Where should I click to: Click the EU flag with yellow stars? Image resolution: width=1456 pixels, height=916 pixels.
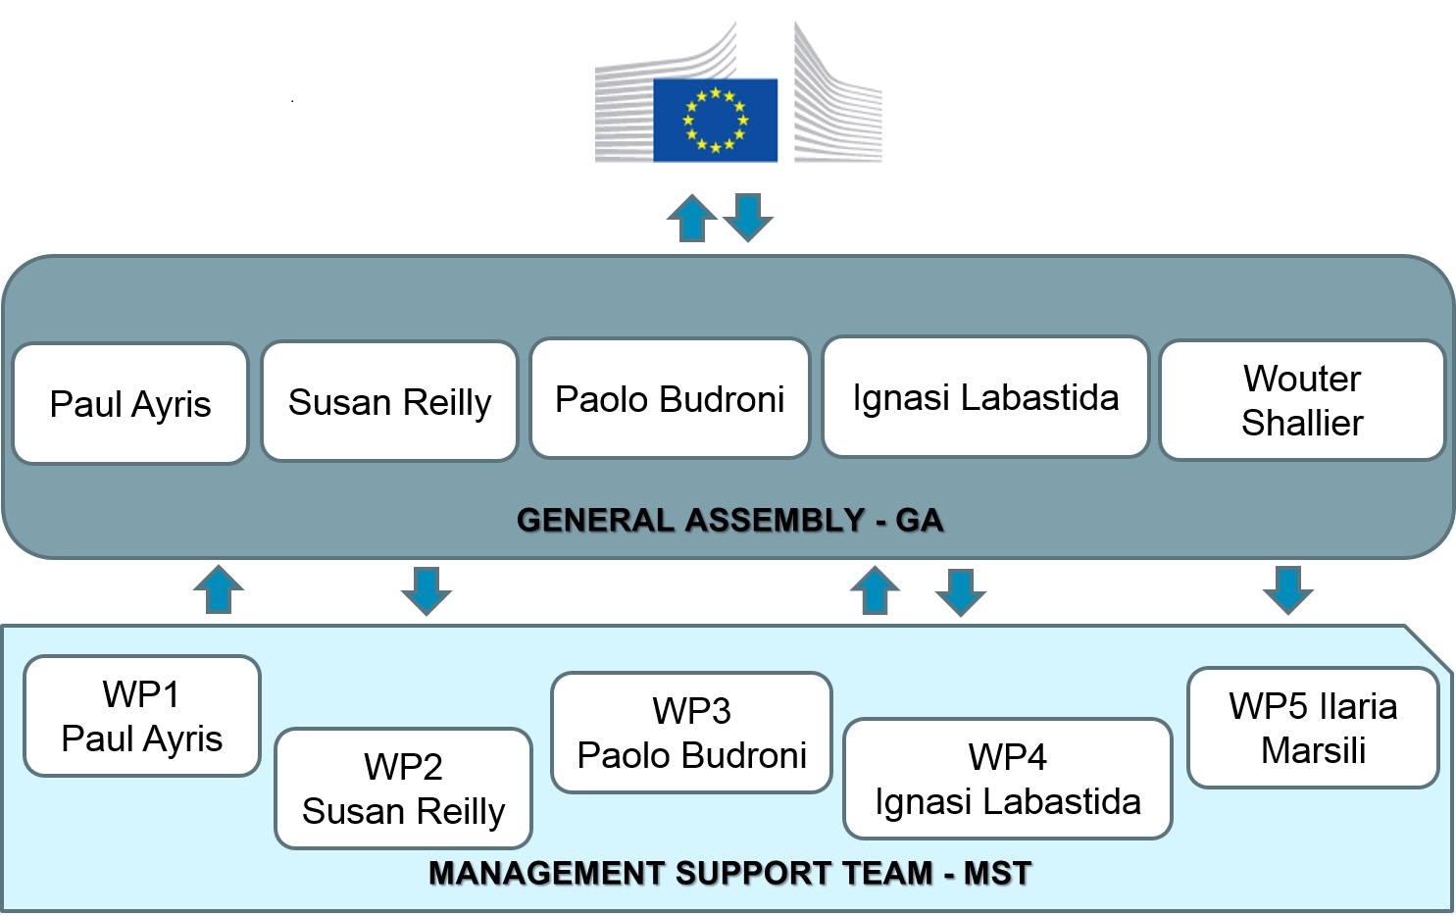point(715,121)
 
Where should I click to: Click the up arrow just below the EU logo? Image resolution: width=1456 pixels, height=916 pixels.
point(692,219)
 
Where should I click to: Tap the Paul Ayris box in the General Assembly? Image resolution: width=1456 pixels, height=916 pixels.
point(130,403)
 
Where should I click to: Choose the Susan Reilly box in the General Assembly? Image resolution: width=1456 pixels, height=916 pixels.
point(389,401)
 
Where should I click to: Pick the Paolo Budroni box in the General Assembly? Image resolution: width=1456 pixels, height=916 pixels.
point(670,398)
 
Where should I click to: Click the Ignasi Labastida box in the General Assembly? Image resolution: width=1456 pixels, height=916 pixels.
point(985,396)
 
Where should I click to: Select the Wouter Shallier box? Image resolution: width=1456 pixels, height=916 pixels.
point(1302,400)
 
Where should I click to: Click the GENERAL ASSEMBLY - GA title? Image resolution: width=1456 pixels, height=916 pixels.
point(729,519)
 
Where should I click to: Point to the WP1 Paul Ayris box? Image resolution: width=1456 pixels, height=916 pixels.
point(142,716)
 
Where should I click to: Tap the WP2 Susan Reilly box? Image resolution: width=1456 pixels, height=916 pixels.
point(403,789)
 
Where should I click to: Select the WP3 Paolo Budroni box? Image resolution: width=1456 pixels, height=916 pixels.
point(691,733)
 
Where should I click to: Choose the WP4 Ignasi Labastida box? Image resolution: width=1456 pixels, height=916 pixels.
point(1007,779)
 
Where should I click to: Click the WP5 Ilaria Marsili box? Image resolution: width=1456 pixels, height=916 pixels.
point(1313,728)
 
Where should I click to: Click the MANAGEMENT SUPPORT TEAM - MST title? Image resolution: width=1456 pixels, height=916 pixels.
point(729,873)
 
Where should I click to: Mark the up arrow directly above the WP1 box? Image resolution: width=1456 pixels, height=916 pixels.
point(219,589)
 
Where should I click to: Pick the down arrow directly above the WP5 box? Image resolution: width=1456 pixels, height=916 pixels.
point(1287,589)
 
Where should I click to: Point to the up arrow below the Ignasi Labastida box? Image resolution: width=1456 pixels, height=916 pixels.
point(875,590)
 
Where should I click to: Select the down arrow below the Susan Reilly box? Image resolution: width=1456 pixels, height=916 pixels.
point(427,590)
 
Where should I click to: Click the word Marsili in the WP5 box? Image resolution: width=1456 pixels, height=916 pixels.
point(1313,750)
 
